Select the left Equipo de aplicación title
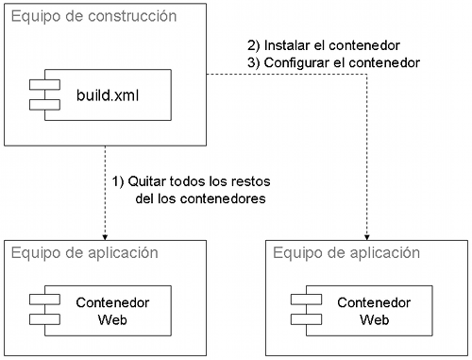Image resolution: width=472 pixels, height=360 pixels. coord(83,252)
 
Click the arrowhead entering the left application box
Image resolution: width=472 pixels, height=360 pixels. coord(103,236)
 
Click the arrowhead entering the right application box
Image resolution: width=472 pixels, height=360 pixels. coord(364,236)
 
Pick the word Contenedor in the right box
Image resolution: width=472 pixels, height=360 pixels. coord(374,302)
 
